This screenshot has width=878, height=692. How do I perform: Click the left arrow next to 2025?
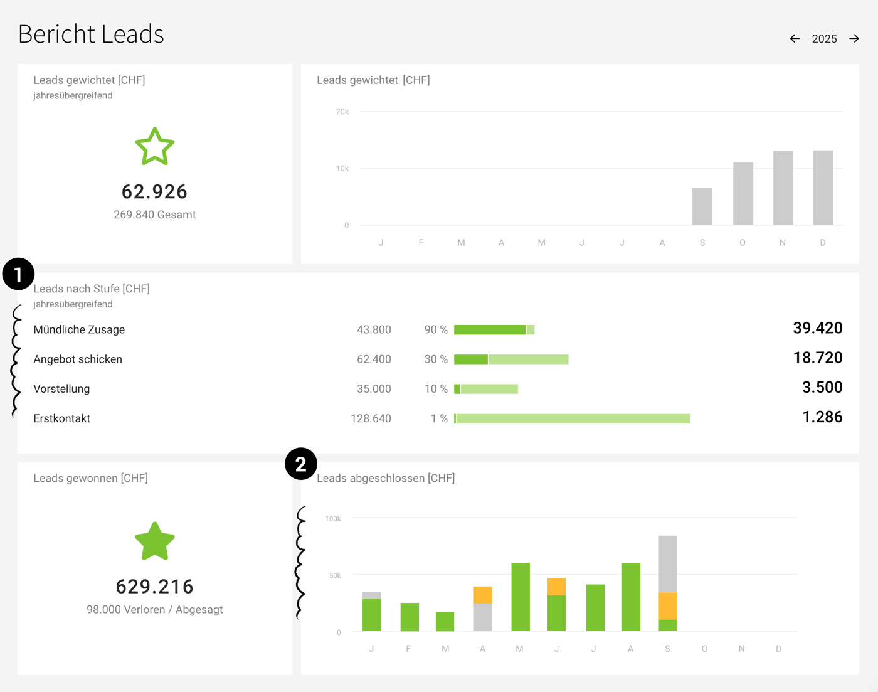[x=795, y=39]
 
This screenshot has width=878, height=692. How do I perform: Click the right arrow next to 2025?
[x=854, y=39]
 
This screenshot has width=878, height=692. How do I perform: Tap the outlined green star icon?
[x=155, y=147]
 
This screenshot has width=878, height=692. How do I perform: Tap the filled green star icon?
[x=155, y=541]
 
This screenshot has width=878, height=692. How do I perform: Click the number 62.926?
[x=155, y=192]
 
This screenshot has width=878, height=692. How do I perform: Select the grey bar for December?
[x=823, y=188]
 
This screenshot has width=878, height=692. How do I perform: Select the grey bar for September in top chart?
[x=702, y=206]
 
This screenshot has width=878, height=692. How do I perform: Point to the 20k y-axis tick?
[x=342, y=112]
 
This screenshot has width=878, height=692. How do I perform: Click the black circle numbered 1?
[x=18, y=274]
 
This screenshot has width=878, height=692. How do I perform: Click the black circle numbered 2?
[x=301, y=464]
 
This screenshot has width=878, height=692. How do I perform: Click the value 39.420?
[x=817, y=328]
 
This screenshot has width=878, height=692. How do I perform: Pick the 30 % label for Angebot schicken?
[x=436, y=359]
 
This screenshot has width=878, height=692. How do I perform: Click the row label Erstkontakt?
[x=62, y=418]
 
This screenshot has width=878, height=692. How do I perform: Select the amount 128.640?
[x=371, y=418]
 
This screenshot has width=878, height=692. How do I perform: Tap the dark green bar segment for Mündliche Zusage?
[x=489, y=330]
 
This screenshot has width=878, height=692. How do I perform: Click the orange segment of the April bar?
[x=482, y=595]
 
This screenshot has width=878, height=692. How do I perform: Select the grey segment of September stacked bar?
[x=667, y=563]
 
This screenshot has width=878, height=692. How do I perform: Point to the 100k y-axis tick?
[x=333, y=519]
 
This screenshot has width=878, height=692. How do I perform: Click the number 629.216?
[x=155, y=587]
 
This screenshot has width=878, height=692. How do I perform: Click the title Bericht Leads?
[x=91, y=35]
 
